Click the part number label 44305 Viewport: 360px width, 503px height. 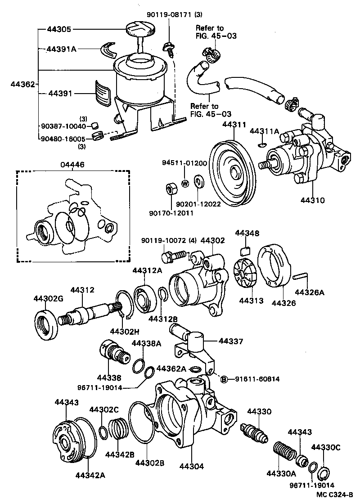pyautogui.click(x=59, y=30)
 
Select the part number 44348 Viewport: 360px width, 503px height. pyautogui.click(x=247, y=233)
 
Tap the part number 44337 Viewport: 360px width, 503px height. pyautogui.click(x=231, y=342)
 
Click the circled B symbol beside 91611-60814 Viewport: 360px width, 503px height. pyautogui.click(x=223, y=379)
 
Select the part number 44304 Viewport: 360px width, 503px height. pyautogui.click(x=192, y=466)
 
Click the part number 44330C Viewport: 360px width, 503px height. pyautogui.click(x=326, y=447)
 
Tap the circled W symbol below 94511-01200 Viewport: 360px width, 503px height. pyautogui.click(x=184, y=183)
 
